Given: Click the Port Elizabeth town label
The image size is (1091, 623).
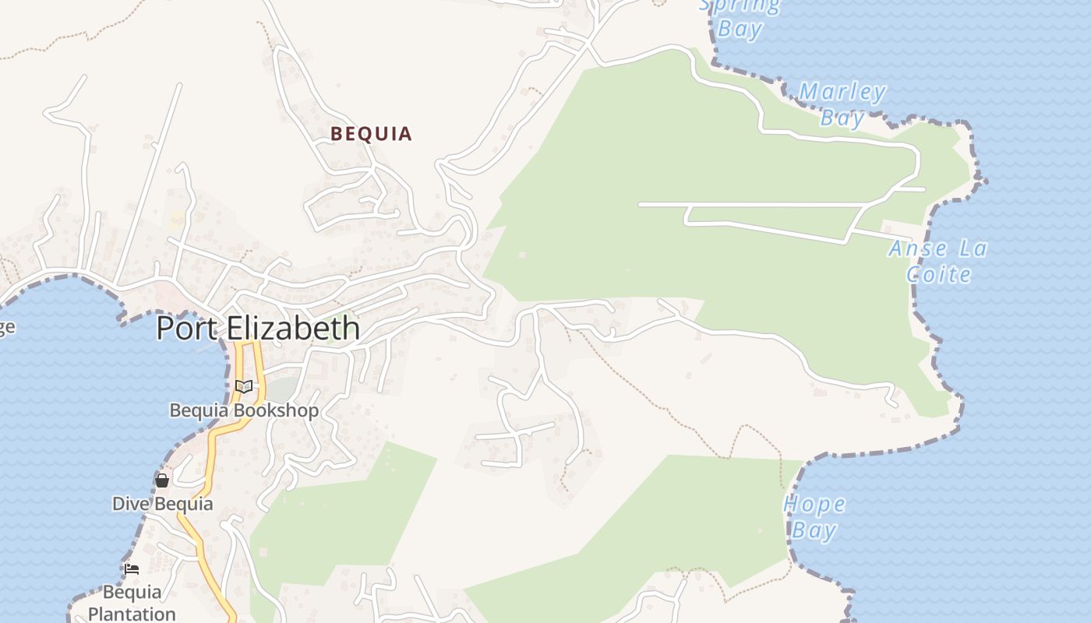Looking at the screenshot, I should coord(258,329).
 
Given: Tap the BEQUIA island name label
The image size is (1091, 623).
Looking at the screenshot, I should coord(371,134).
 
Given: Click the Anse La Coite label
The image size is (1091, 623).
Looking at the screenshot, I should coord(938,262).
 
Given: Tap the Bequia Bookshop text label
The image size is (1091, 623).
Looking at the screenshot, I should coord(244,410).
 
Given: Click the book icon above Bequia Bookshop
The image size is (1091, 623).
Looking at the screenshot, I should coord(244,386).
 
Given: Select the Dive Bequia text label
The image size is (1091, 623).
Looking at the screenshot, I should coord(162,504).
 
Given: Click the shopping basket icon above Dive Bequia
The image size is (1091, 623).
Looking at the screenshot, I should coord(162,480).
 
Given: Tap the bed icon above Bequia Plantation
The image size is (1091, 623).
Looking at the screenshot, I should coord(132,569).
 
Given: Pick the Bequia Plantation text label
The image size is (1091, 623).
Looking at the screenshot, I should coord(132,603).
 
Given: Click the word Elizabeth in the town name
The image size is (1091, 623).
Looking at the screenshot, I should coord(293,329).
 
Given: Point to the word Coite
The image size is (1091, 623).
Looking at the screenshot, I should coord(938,274).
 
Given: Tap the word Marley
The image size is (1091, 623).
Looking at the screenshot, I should coord(842,93).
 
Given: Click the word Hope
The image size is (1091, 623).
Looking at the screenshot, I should coord(814,505).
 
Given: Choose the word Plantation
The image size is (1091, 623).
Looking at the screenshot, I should coord(132,614).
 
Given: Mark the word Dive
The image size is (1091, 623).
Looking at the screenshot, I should coord(130,504).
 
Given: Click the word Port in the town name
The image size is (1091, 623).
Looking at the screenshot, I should coord(189,329).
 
